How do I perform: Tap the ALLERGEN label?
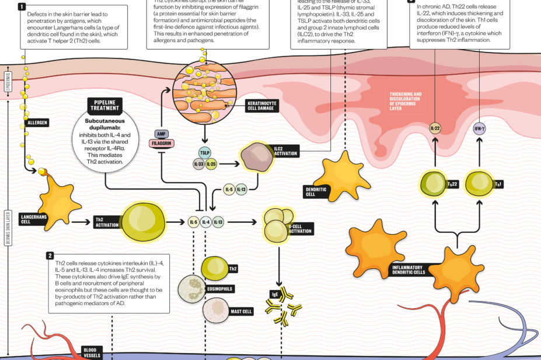[37, 123]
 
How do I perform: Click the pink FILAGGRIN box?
[161, 142]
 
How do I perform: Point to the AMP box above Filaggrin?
[161, 133]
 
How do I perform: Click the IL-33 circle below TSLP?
[199, 165]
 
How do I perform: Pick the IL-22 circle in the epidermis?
[435, 127]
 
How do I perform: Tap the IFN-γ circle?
[479, 127]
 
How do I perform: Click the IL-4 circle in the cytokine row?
[205, 222]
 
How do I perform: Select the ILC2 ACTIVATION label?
[286, 151]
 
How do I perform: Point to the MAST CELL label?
[241, 312]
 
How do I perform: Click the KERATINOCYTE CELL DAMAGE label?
[261, 106]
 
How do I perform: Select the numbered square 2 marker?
[50, 256]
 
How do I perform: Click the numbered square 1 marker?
[22, 7]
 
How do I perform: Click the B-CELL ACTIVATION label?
[300, 228]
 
